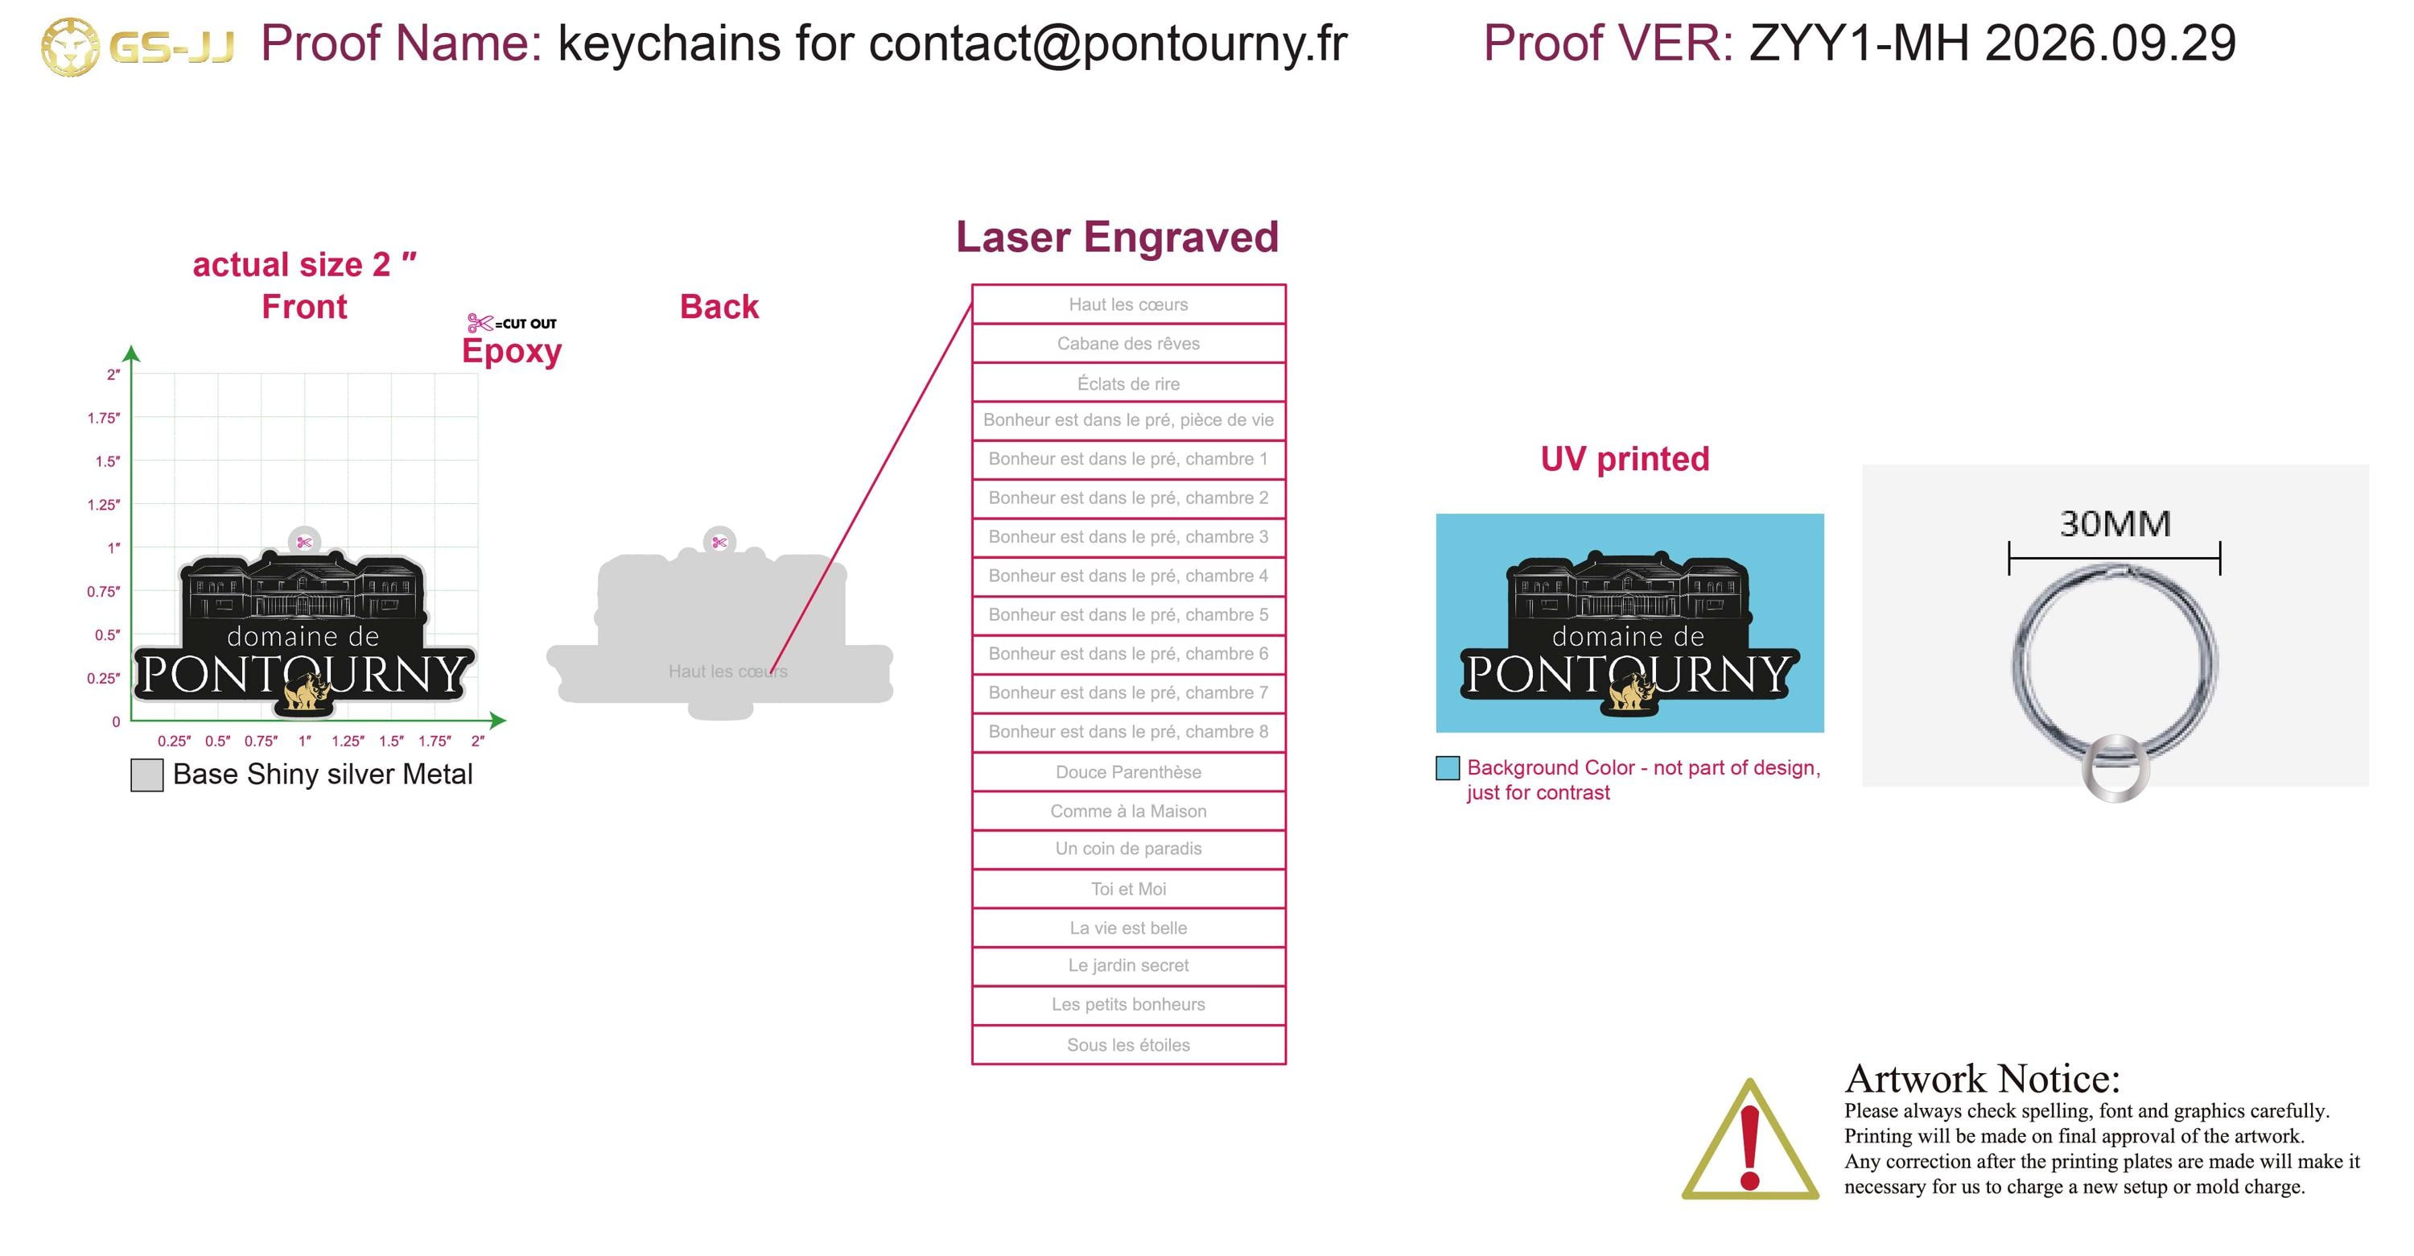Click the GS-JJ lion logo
[69, 46]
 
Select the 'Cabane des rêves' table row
[1128, 343]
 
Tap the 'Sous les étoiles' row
[1128, 1044]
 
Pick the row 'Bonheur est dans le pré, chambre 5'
[1128, 615]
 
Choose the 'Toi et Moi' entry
[1128, 889]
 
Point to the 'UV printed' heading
[1625, 458]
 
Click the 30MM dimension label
[2115, 523]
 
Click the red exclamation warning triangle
[1749, 1140]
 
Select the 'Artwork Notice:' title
[1982, 1079]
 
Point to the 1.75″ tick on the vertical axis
[104, 418]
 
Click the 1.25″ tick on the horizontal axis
[348, 741]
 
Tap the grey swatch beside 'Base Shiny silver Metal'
[147, 775]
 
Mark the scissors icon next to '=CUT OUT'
[480, 324]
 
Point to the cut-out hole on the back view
[719, 542]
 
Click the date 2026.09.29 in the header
[2111, 43]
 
